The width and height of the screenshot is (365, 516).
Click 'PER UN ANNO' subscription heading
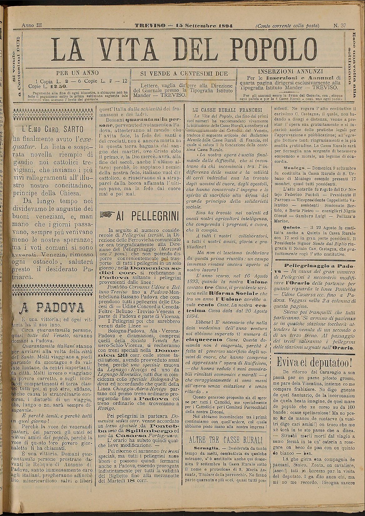(77, 73)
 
